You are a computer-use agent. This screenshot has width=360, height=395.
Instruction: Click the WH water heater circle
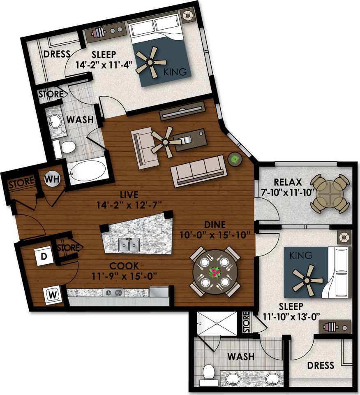click(51, 179)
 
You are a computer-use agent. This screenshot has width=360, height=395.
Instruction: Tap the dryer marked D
click(44, 257)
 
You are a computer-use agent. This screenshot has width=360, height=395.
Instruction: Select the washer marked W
click(52, 294)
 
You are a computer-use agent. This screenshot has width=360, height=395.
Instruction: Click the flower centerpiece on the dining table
click(215, 272)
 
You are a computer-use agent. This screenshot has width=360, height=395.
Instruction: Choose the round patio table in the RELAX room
click(330, 193)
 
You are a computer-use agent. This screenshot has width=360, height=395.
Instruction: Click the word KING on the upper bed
click(178, 72)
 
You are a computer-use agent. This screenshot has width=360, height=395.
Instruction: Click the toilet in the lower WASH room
click(209, 372)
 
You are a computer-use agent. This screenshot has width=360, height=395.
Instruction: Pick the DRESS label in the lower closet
click(321, 365)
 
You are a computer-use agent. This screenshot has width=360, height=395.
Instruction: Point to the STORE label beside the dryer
click(68, 248)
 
